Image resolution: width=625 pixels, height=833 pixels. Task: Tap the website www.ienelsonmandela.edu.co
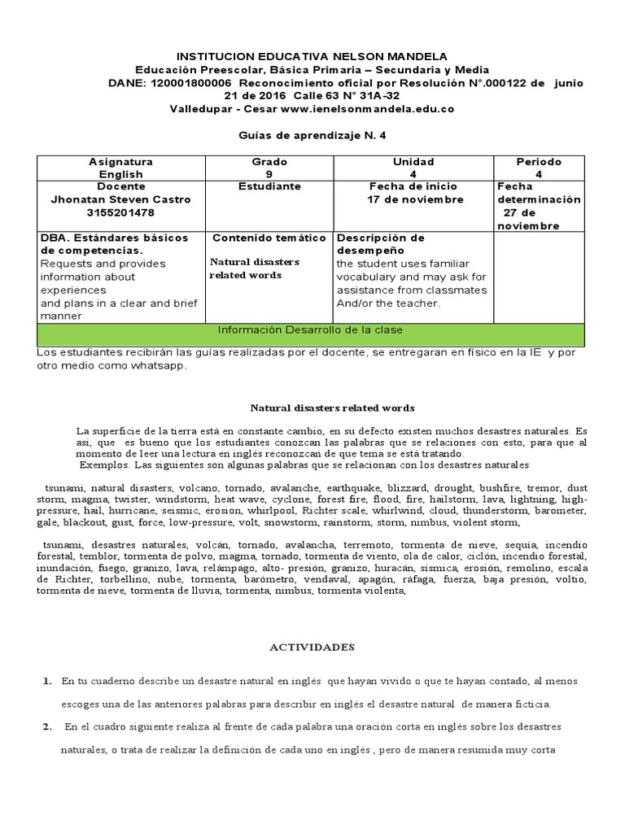pyautogui.click(x=367, y=108)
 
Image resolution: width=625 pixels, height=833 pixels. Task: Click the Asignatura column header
pyautogui.click(x=120, y=162)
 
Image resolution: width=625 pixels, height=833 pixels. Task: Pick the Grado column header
pyautogui.click(x=269, y=162)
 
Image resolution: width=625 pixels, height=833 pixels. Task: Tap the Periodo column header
pyautogui.click(x=538, y=162)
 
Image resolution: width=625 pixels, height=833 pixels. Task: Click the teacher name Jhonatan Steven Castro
pyautogui.click(x=120, y=199)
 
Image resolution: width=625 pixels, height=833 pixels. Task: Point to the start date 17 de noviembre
pyautogui.click(x=415, y=199)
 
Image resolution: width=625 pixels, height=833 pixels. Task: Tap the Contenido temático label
pyautogui.click(x=269, y=238)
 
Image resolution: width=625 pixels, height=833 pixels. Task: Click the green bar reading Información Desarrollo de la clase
pyautogui.click(x=308, y=329)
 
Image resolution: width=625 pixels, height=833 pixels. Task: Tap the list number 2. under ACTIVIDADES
pyautogui.click(x=48, y=726)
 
